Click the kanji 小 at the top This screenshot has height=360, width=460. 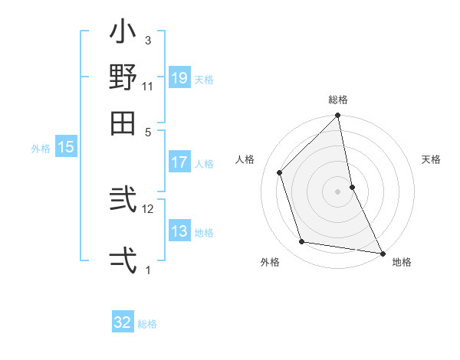(x=123, y=34)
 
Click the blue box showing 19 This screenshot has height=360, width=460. (x=179, y=78)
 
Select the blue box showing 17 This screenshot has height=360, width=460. (x=179, y=162)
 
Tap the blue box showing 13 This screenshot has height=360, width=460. (x=179, y=231)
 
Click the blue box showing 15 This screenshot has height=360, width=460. (x=66, y=148)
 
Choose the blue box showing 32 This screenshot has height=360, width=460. (x=123, y=322)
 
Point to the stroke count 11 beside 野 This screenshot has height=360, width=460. (x=148, y=86)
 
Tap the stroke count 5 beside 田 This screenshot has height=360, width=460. (x=148, y=131)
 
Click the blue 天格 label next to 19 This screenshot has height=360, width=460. (x=204, y=79)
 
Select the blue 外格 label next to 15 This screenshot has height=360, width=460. (x=41, y=149)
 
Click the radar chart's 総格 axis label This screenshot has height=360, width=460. (x=338, y=100)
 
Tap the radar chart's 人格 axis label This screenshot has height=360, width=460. (x=245, y=159)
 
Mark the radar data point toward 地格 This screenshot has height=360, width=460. (x=382, y=253)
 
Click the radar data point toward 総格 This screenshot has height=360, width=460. (x=338, y=116)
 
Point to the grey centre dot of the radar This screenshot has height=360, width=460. (x=338, y=191)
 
